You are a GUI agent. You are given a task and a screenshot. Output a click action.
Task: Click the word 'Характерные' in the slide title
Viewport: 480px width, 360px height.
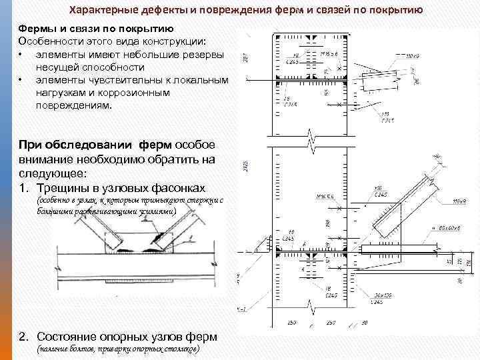coord(101,11)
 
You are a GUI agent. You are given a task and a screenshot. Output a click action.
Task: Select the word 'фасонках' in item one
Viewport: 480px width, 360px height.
coord(177,187)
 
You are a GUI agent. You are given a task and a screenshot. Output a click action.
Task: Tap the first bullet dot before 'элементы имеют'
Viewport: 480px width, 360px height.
coord(21,55)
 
